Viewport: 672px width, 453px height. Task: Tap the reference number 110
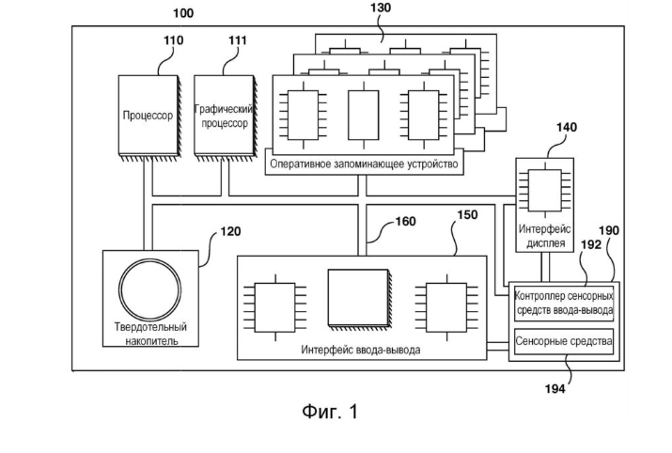tap(174, 40)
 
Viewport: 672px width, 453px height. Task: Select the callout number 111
tap(238, 40)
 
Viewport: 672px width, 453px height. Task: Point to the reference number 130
tap(381, 8)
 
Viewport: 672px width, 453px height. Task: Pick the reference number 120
tap(230, 229)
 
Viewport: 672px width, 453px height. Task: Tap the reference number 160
tap(405, 223)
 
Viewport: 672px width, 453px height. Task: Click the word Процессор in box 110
tap(148, 117)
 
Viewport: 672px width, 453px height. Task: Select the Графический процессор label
tap(224, 117)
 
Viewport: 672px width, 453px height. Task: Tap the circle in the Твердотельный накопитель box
tap(151, 286)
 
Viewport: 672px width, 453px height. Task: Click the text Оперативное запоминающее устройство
tap(363, 165)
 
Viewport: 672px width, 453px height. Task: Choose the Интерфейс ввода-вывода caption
tap(360, 349)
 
